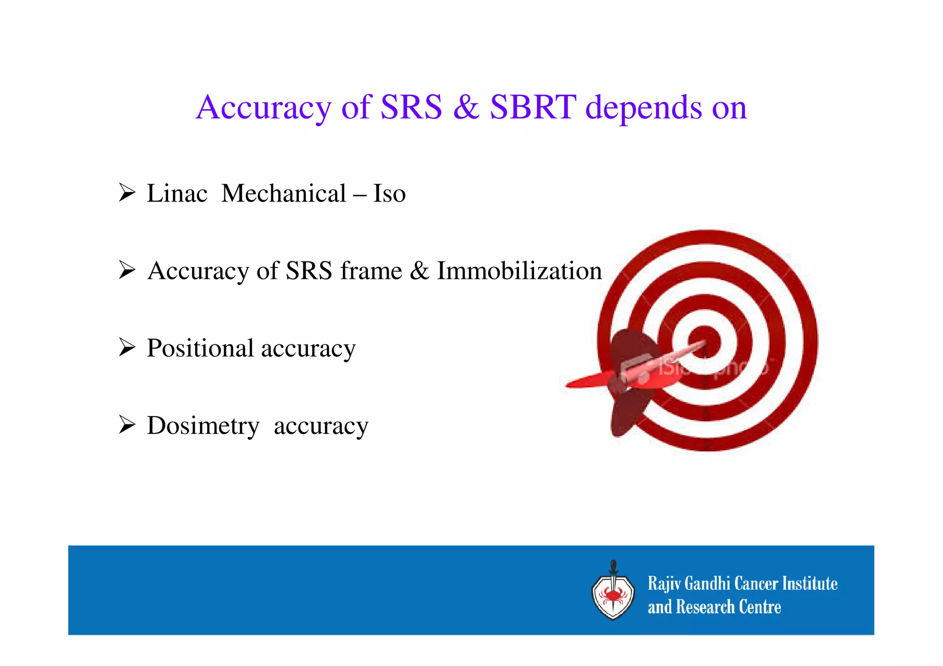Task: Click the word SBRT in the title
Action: (533, 107)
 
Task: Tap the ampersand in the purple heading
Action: (466, 107)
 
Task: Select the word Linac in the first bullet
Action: (177, 193)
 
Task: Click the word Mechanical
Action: (284, 193)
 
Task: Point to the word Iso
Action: (389, 193)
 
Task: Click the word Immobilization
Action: (519, 271)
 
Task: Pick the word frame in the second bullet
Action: (371, 271)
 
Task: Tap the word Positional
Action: (200, 348)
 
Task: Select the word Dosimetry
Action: (203, 426)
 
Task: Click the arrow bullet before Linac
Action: (127, 192)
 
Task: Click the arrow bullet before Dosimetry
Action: (127, 424)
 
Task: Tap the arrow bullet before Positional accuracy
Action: (127, 347)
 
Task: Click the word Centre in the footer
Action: (760, 607)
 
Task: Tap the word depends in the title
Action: (643, 107)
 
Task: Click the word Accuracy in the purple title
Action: (263, 107)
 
